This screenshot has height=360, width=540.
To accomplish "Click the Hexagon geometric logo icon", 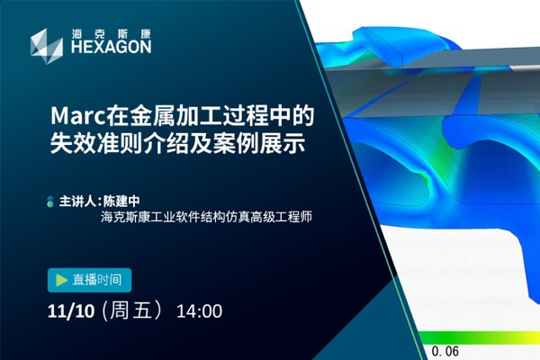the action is click(47, 46).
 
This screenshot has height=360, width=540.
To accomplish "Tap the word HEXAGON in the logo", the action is click(112, 47).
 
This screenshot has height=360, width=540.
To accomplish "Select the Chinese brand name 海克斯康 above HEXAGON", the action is click(112, 34).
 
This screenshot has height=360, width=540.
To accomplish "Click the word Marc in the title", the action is click(77, 116).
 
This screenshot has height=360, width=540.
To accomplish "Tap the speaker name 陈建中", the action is click(121, 202).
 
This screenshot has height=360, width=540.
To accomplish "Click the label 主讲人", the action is click(77, 202).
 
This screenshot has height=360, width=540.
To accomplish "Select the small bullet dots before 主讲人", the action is click(50, 202).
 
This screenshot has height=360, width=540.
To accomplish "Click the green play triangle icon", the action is click(61, 280).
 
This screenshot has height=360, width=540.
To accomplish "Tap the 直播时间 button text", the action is click(97, 280).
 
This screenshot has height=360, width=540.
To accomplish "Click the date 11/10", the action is click(71, 311).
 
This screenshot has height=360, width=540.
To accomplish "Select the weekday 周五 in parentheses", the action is click(130, 310).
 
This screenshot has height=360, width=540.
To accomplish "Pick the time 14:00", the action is click(199, 311).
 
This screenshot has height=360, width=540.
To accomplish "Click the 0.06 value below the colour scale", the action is click(445, 351).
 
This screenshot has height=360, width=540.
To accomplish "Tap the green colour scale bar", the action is click(480, 337).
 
